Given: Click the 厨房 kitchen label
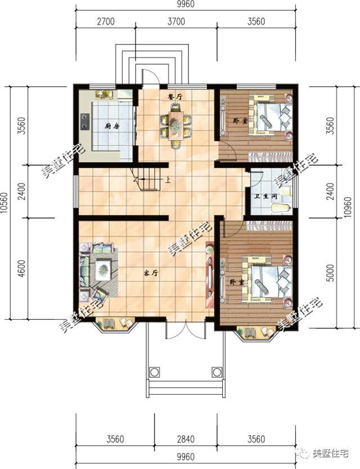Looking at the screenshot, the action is (x=112, y=126).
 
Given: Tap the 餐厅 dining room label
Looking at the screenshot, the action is (x=175, y=96).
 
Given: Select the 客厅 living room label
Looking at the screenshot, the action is (x=151, y=273).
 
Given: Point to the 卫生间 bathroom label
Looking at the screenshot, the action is (x=266, y=196).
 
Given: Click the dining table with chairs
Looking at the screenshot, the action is (x=175, y=126).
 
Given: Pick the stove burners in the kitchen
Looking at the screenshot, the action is (x=85, y=122).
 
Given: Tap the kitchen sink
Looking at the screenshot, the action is (x=104, y=94).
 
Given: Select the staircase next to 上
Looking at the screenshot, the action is (x=146, y=179).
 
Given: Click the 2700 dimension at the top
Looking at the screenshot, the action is (x=105, y=21).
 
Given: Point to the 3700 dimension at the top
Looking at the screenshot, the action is (x=176, y=21).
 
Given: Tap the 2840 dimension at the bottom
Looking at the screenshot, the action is (x=186, y=439).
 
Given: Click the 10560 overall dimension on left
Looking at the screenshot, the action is (x=4, y=203).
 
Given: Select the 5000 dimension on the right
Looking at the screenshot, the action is (x=330, y=273).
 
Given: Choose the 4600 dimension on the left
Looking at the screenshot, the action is (x=21, y=269).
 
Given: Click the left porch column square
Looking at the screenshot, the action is (x=154, y=372).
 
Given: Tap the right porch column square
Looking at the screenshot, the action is (x=217, y=372).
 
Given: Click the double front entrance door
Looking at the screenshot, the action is (x=186, y=329).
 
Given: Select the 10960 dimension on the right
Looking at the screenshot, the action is (x=348, y=207).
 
